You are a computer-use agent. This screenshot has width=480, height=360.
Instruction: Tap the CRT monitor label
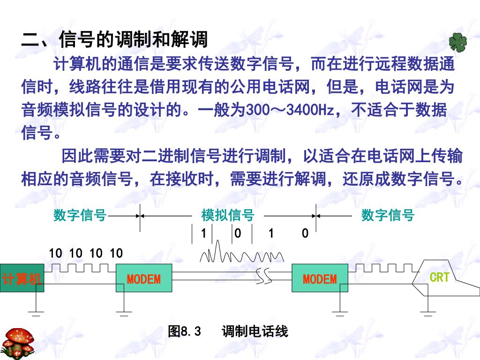pos(439,277)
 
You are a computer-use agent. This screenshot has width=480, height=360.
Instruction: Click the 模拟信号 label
pos(227,216)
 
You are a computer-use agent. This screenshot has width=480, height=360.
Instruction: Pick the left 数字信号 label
pos(80,216)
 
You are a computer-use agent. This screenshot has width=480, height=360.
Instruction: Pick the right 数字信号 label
pos(388,216)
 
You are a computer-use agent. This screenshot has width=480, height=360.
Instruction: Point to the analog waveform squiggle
pos(241,255)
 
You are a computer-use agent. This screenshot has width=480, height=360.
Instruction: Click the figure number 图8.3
pos(184,332)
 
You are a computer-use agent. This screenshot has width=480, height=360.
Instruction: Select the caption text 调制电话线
pos(255,332)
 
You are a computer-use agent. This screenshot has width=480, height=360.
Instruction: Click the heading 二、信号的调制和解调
pos(114,39)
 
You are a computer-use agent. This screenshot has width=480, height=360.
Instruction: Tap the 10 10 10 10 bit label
pos(86,254)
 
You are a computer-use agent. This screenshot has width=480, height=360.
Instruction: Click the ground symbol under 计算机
pos(36,313)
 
